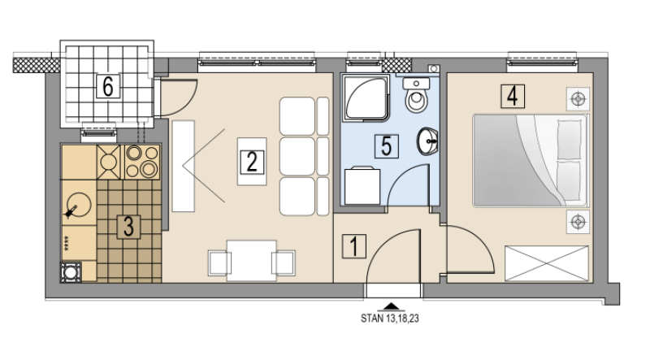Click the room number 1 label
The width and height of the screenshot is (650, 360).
coord(354,246)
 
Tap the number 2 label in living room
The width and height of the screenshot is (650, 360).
coord(252,162)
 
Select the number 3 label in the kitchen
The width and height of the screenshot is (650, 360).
coord(128,227)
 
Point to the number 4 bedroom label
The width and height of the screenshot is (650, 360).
coord(513,96)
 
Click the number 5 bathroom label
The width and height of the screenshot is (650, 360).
coord(387,146)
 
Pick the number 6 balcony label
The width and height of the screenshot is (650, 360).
coord(108,86)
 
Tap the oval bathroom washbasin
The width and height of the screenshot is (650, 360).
coord(427,141)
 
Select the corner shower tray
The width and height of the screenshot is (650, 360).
coord(366,98)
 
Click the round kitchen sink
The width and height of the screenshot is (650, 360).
coord(79,206)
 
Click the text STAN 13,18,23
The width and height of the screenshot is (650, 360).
coord(390,319)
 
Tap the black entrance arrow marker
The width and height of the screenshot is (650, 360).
coord(392,307)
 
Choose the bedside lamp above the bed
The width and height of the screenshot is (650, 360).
coord(578,99)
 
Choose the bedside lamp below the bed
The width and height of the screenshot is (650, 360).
coord(578,223)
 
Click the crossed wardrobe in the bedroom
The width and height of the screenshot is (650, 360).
coord(546,263)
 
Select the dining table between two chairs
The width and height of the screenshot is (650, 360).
coord(252,261)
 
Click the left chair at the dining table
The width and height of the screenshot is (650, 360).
coord(219,262)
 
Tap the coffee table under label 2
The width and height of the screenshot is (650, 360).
coord(252,162)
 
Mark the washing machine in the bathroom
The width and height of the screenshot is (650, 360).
coord(362,185)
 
